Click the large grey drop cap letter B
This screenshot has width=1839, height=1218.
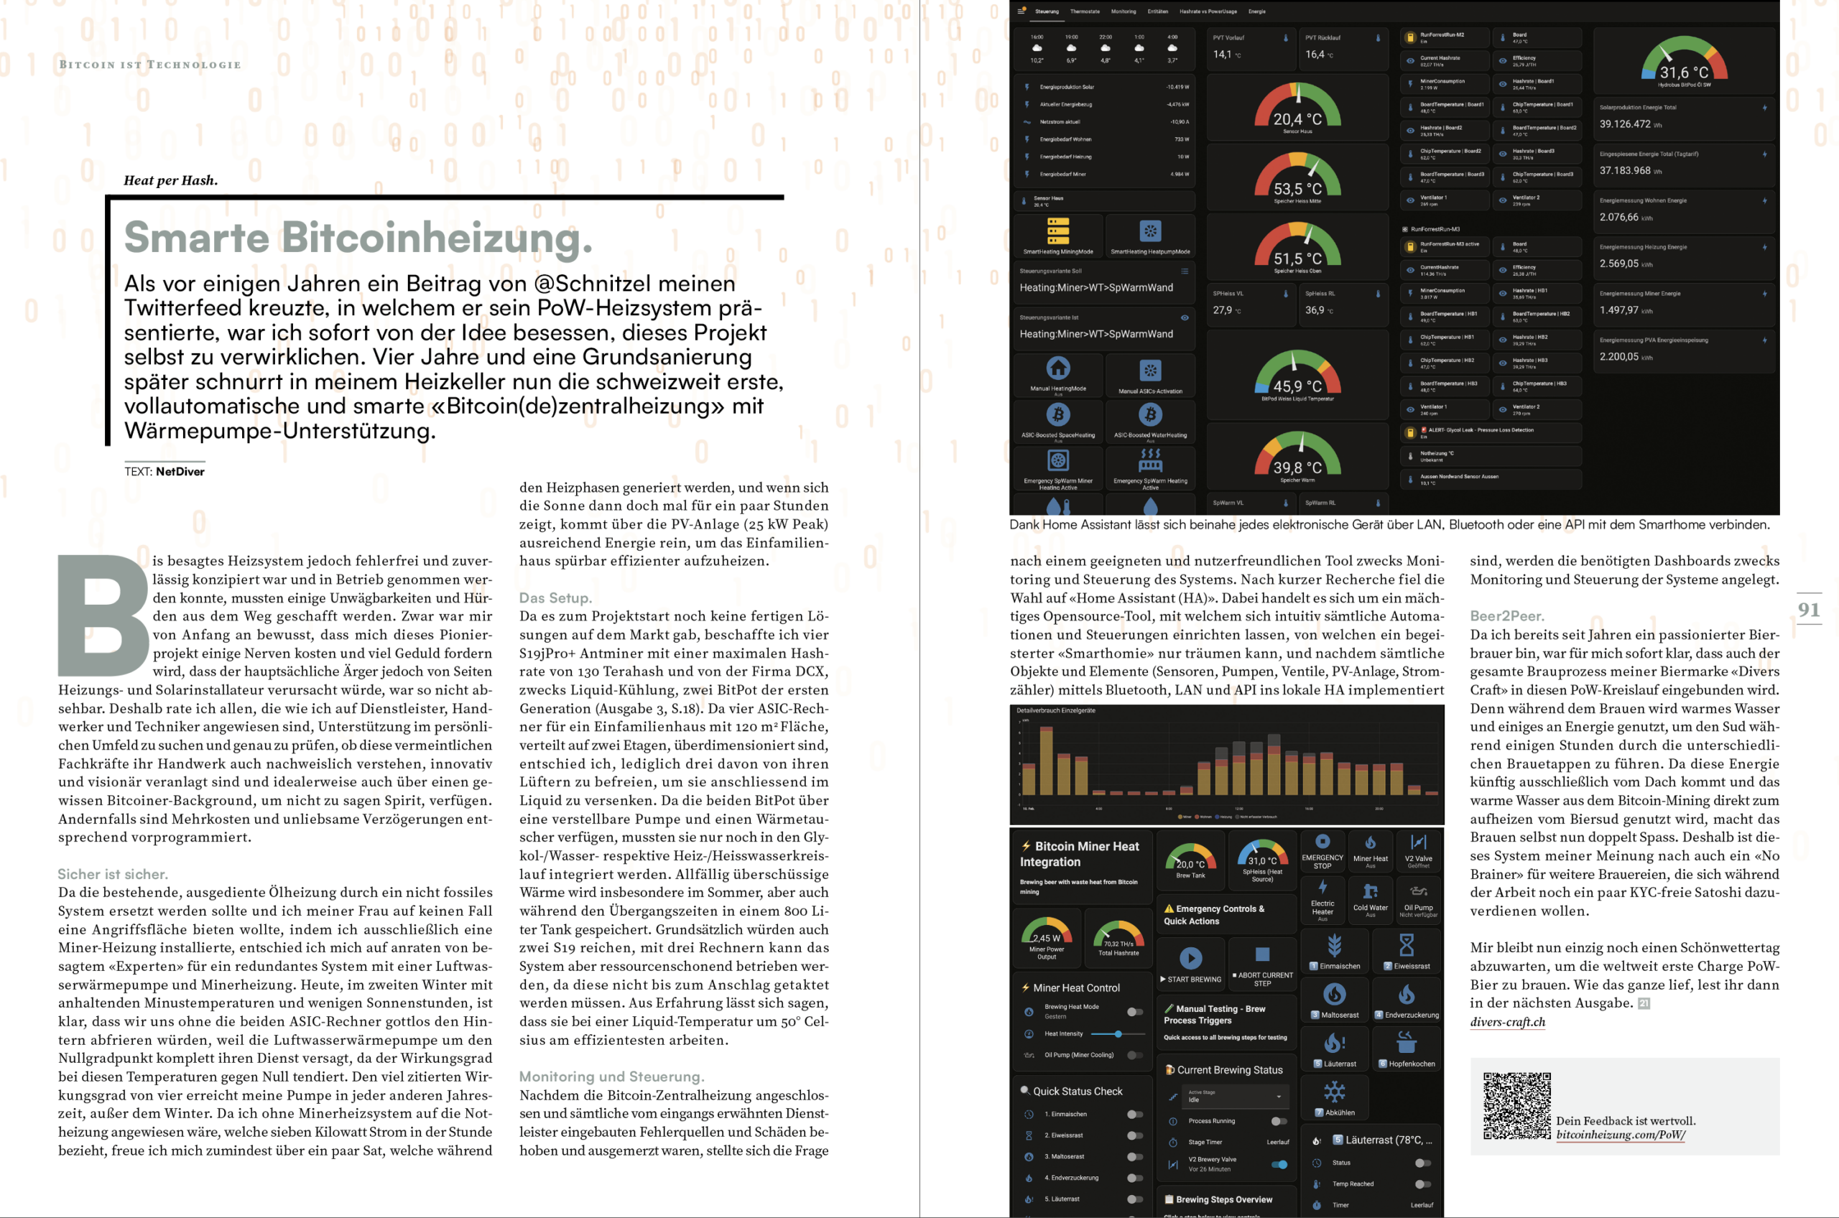103,615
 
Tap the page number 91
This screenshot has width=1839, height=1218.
1809,610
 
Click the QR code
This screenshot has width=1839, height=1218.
1516,1106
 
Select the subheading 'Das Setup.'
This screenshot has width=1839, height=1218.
555,598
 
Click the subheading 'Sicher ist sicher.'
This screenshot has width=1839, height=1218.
113,874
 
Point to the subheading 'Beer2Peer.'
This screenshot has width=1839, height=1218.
1506,616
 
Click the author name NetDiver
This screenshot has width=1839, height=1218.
180,472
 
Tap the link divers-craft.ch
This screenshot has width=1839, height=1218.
1507,1022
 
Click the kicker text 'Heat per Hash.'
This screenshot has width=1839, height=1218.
170,180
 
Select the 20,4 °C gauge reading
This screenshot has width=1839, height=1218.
1297,118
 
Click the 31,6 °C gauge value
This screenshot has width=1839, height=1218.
1684,73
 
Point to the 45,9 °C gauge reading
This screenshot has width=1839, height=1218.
1297,386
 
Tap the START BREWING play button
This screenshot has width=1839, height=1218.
1190,958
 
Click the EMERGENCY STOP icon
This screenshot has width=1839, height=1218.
1322,841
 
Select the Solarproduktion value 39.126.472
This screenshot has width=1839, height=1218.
1624,124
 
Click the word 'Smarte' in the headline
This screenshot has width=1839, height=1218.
197,237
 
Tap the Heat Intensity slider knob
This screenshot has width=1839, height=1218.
1118,1034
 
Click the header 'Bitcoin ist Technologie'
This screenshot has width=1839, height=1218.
150,65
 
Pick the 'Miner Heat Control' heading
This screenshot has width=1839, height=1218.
1076,988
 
